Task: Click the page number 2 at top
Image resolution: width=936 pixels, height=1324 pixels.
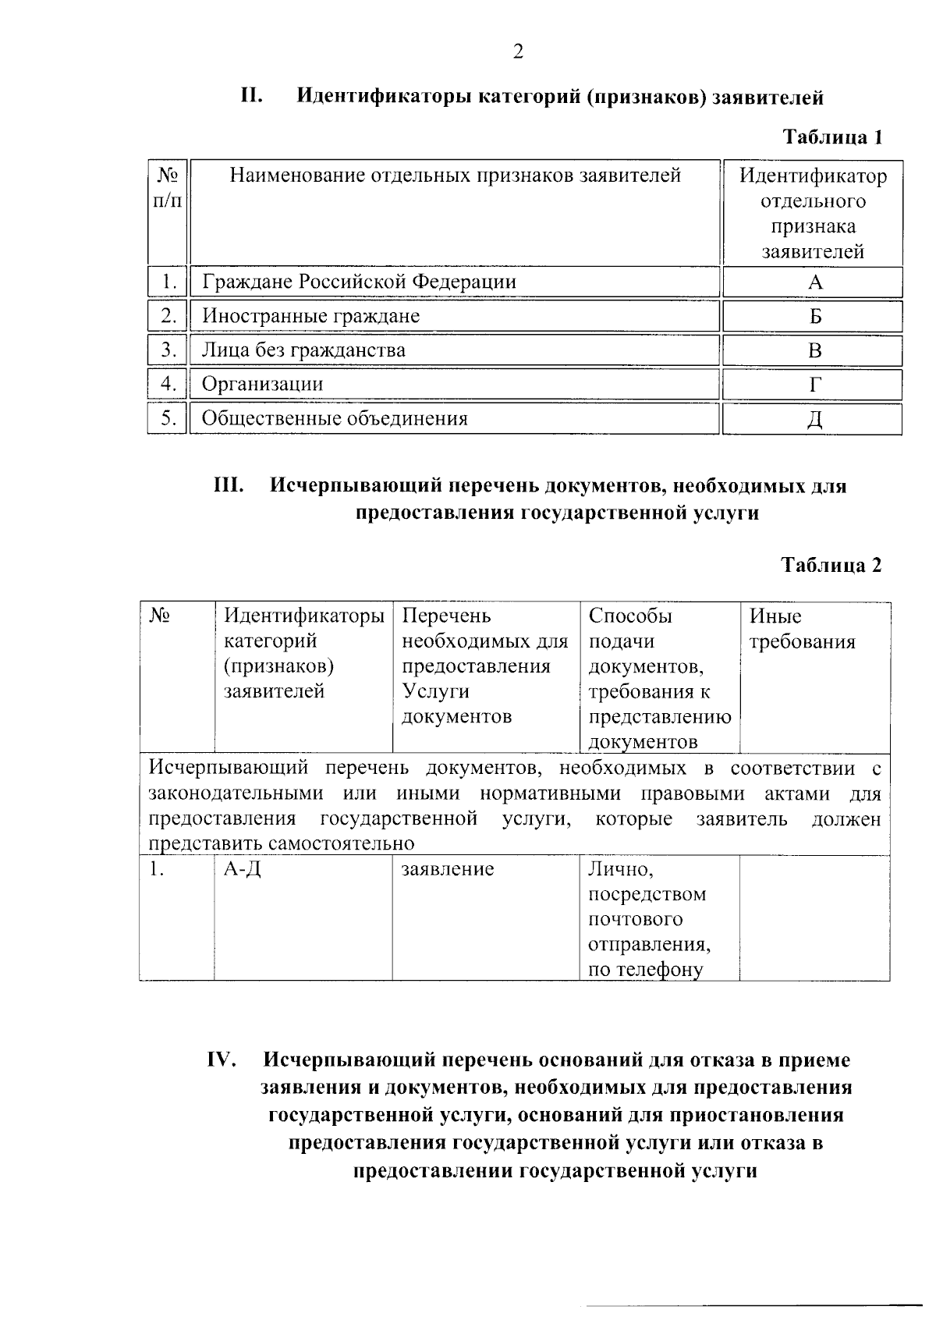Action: click(518, 51)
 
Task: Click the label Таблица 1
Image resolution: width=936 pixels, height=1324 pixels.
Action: click(832, 138)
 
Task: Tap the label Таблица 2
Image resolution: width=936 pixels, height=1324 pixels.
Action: click(831, 566)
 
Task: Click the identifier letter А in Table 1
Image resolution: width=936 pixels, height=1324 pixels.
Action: click(815, 282)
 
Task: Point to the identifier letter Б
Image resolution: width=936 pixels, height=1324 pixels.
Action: click(815, 317)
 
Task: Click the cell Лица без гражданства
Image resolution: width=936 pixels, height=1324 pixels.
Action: click(303, 350)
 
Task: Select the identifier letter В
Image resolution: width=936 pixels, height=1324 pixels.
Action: click(815, 351)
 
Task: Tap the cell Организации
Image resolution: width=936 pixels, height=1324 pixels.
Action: click(262, 385)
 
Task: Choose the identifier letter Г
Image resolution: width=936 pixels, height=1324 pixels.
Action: click(815, 385)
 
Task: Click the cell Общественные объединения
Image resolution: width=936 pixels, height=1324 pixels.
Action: click(335, 419)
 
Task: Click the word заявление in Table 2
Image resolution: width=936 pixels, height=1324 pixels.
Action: click(448, 869)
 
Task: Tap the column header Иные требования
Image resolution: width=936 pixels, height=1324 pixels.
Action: click(802, 629)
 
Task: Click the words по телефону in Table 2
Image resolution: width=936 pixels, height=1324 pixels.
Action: click(645, 970)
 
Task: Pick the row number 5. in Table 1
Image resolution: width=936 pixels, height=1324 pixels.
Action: click(168, 419)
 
